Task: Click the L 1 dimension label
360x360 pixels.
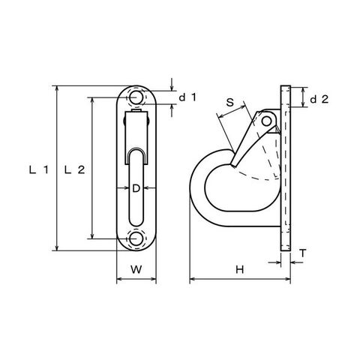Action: click(x=39, y=170)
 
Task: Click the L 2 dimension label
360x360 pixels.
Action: click(x=74, y=170)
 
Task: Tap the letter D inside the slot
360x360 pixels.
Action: click(x=136, y=188)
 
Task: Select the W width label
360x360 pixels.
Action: click(x=136, y=269)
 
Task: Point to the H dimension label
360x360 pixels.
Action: click(x=240, y=269)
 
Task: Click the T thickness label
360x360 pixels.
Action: click(x=303, y=253)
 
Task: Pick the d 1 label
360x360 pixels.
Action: click(x=188, y=97)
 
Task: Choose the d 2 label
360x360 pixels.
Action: click(x=319, y=100)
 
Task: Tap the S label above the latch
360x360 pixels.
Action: click(x=229, y=102)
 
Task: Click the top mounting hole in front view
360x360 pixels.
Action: click(x=136, y=97)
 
